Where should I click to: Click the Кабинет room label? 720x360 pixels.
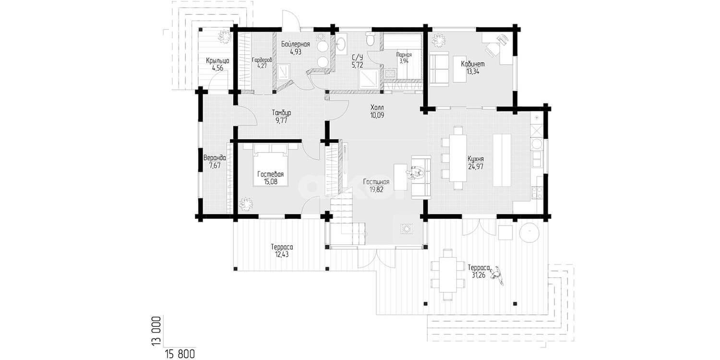point(472,64)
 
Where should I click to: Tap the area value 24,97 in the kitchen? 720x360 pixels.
point(476,167)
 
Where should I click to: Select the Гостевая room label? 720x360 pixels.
point(270,174)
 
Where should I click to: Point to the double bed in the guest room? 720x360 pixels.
point(271,165)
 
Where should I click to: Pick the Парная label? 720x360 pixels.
point(404,55)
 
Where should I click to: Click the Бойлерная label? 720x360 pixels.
point(295,44)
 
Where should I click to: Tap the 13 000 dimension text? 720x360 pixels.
point(156,331)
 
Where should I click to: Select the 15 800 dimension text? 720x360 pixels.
point(180,354)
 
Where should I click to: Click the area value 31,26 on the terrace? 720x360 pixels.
point(479,275)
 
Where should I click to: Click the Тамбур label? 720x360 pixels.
point(281,113)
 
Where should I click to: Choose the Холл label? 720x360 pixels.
point(377,108)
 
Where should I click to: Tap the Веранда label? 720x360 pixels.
point(215,158)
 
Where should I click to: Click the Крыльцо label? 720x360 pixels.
point(217,60)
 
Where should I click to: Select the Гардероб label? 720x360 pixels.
point(262,60)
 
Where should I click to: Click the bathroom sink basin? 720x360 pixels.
point(341,43)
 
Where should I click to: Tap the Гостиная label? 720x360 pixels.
point(376,182)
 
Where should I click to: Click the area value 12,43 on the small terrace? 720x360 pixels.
point(282,254)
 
